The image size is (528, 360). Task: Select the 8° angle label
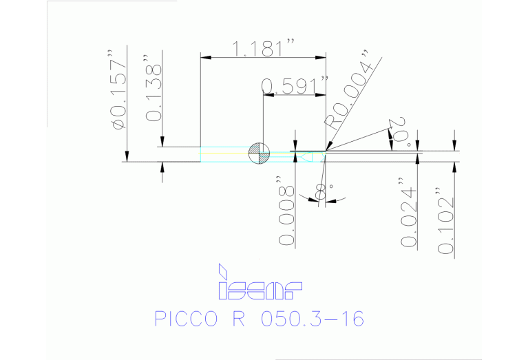coord(321,188)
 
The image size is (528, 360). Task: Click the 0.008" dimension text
coord(286,215)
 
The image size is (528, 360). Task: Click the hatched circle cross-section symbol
coord(258,153)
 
